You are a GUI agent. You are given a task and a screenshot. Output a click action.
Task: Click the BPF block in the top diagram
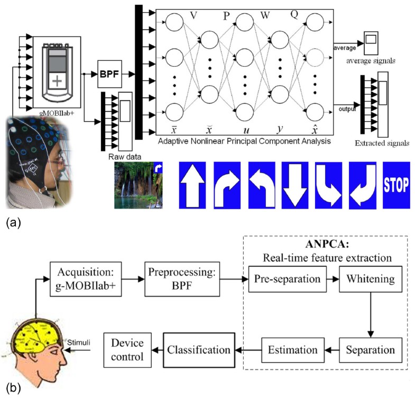[x=109, y=70]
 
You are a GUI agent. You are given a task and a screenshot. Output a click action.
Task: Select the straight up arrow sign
[x=192, y=186]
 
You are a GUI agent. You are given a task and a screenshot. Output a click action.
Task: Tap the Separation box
[x=371, y=350]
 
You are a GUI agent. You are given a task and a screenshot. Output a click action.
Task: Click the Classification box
[x=198, y=349]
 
